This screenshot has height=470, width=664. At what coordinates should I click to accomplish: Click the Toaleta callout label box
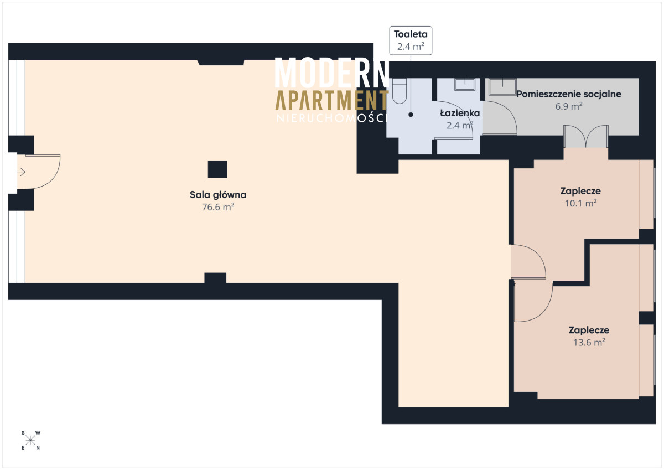[x=411, y=40]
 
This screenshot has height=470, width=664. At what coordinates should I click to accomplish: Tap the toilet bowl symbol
[x=400, y=91]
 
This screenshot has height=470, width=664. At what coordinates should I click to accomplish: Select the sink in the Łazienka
[x=465, y=85]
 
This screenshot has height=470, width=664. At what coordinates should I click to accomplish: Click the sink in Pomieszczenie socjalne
[x=502, y=87]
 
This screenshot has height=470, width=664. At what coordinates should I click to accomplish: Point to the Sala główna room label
[x=218, y=195]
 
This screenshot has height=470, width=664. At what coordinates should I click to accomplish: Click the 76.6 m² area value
[x=218, y=207]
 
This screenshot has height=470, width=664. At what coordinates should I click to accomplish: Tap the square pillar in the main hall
[x=217, y=169]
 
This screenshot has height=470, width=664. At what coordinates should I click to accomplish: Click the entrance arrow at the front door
[x=22, y=172]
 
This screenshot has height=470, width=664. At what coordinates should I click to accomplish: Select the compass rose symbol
[x=30, y=441]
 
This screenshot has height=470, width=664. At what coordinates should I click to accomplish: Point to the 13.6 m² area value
[x=589, y=343]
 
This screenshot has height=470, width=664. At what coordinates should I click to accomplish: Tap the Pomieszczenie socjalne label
[x=569, y=94]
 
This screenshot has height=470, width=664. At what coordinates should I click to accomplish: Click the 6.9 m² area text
[x=569, y=106]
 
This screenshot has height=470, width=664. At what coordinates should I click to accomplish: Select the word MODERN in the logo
[x=332, y=73]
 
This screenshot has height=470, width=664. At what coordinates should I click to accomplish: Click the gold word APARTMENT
[x=332, y=100]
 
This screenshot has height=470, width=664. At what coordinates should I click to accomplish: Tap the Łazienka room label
[x=460, y=113]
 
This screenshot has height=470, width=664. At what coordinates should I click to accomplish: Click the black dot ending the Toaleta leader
[x=411, y=115]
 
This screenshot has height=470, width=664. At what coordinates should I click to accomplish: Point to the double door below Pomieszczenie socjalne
[x=586, y=137]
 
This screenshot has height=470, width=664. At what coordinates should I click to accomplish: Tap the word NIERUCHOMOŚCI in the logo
[x=332, y=118]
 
